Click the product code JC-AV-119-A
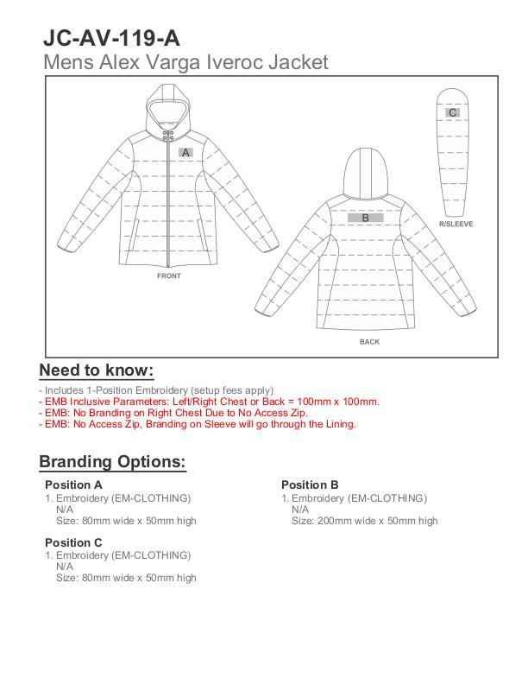pos(111,39)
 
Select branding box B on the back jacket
pos(365,218)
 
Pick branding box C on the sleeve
pos(453,113)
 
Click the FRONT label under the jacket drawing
pos(169,276)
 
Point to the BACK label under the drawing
pos(369,342)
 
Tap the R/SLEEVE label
pos(456,224)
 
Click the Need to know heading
pos(97,370)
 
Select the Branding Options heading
pos(112,462)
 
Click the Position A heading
pos(73,485)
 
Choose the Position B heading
pos(310,485)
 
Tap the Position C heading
pos(73,542)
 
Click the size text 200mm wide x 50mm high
pos(364,521)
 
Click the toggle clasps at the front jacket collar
pos(169,136)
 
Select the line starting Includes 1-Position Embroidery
pos(156,390)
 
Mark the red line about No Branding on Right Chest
pos(173,413)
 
